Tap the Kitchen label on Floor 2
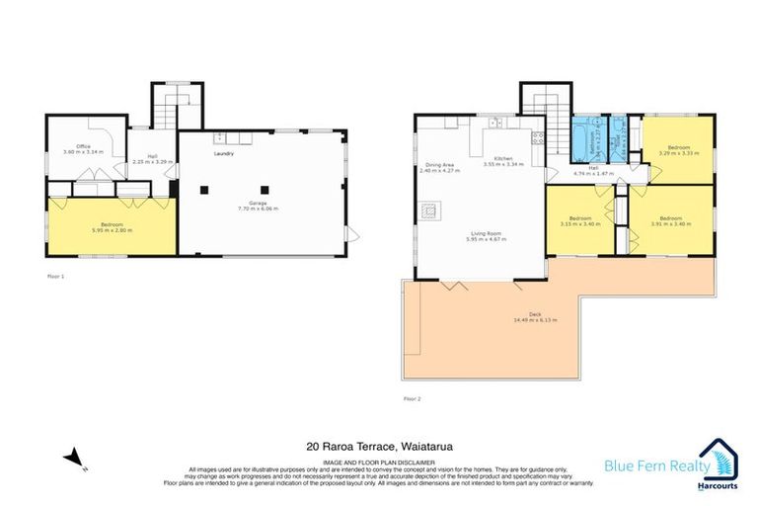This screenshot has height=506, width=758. point(502,158)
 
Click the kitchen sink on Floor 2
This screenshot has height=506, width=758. point(494,123)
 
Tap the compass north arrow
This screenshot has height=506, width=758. point(73,457)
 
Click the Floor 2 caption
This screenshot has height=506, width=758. point(412,398)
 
